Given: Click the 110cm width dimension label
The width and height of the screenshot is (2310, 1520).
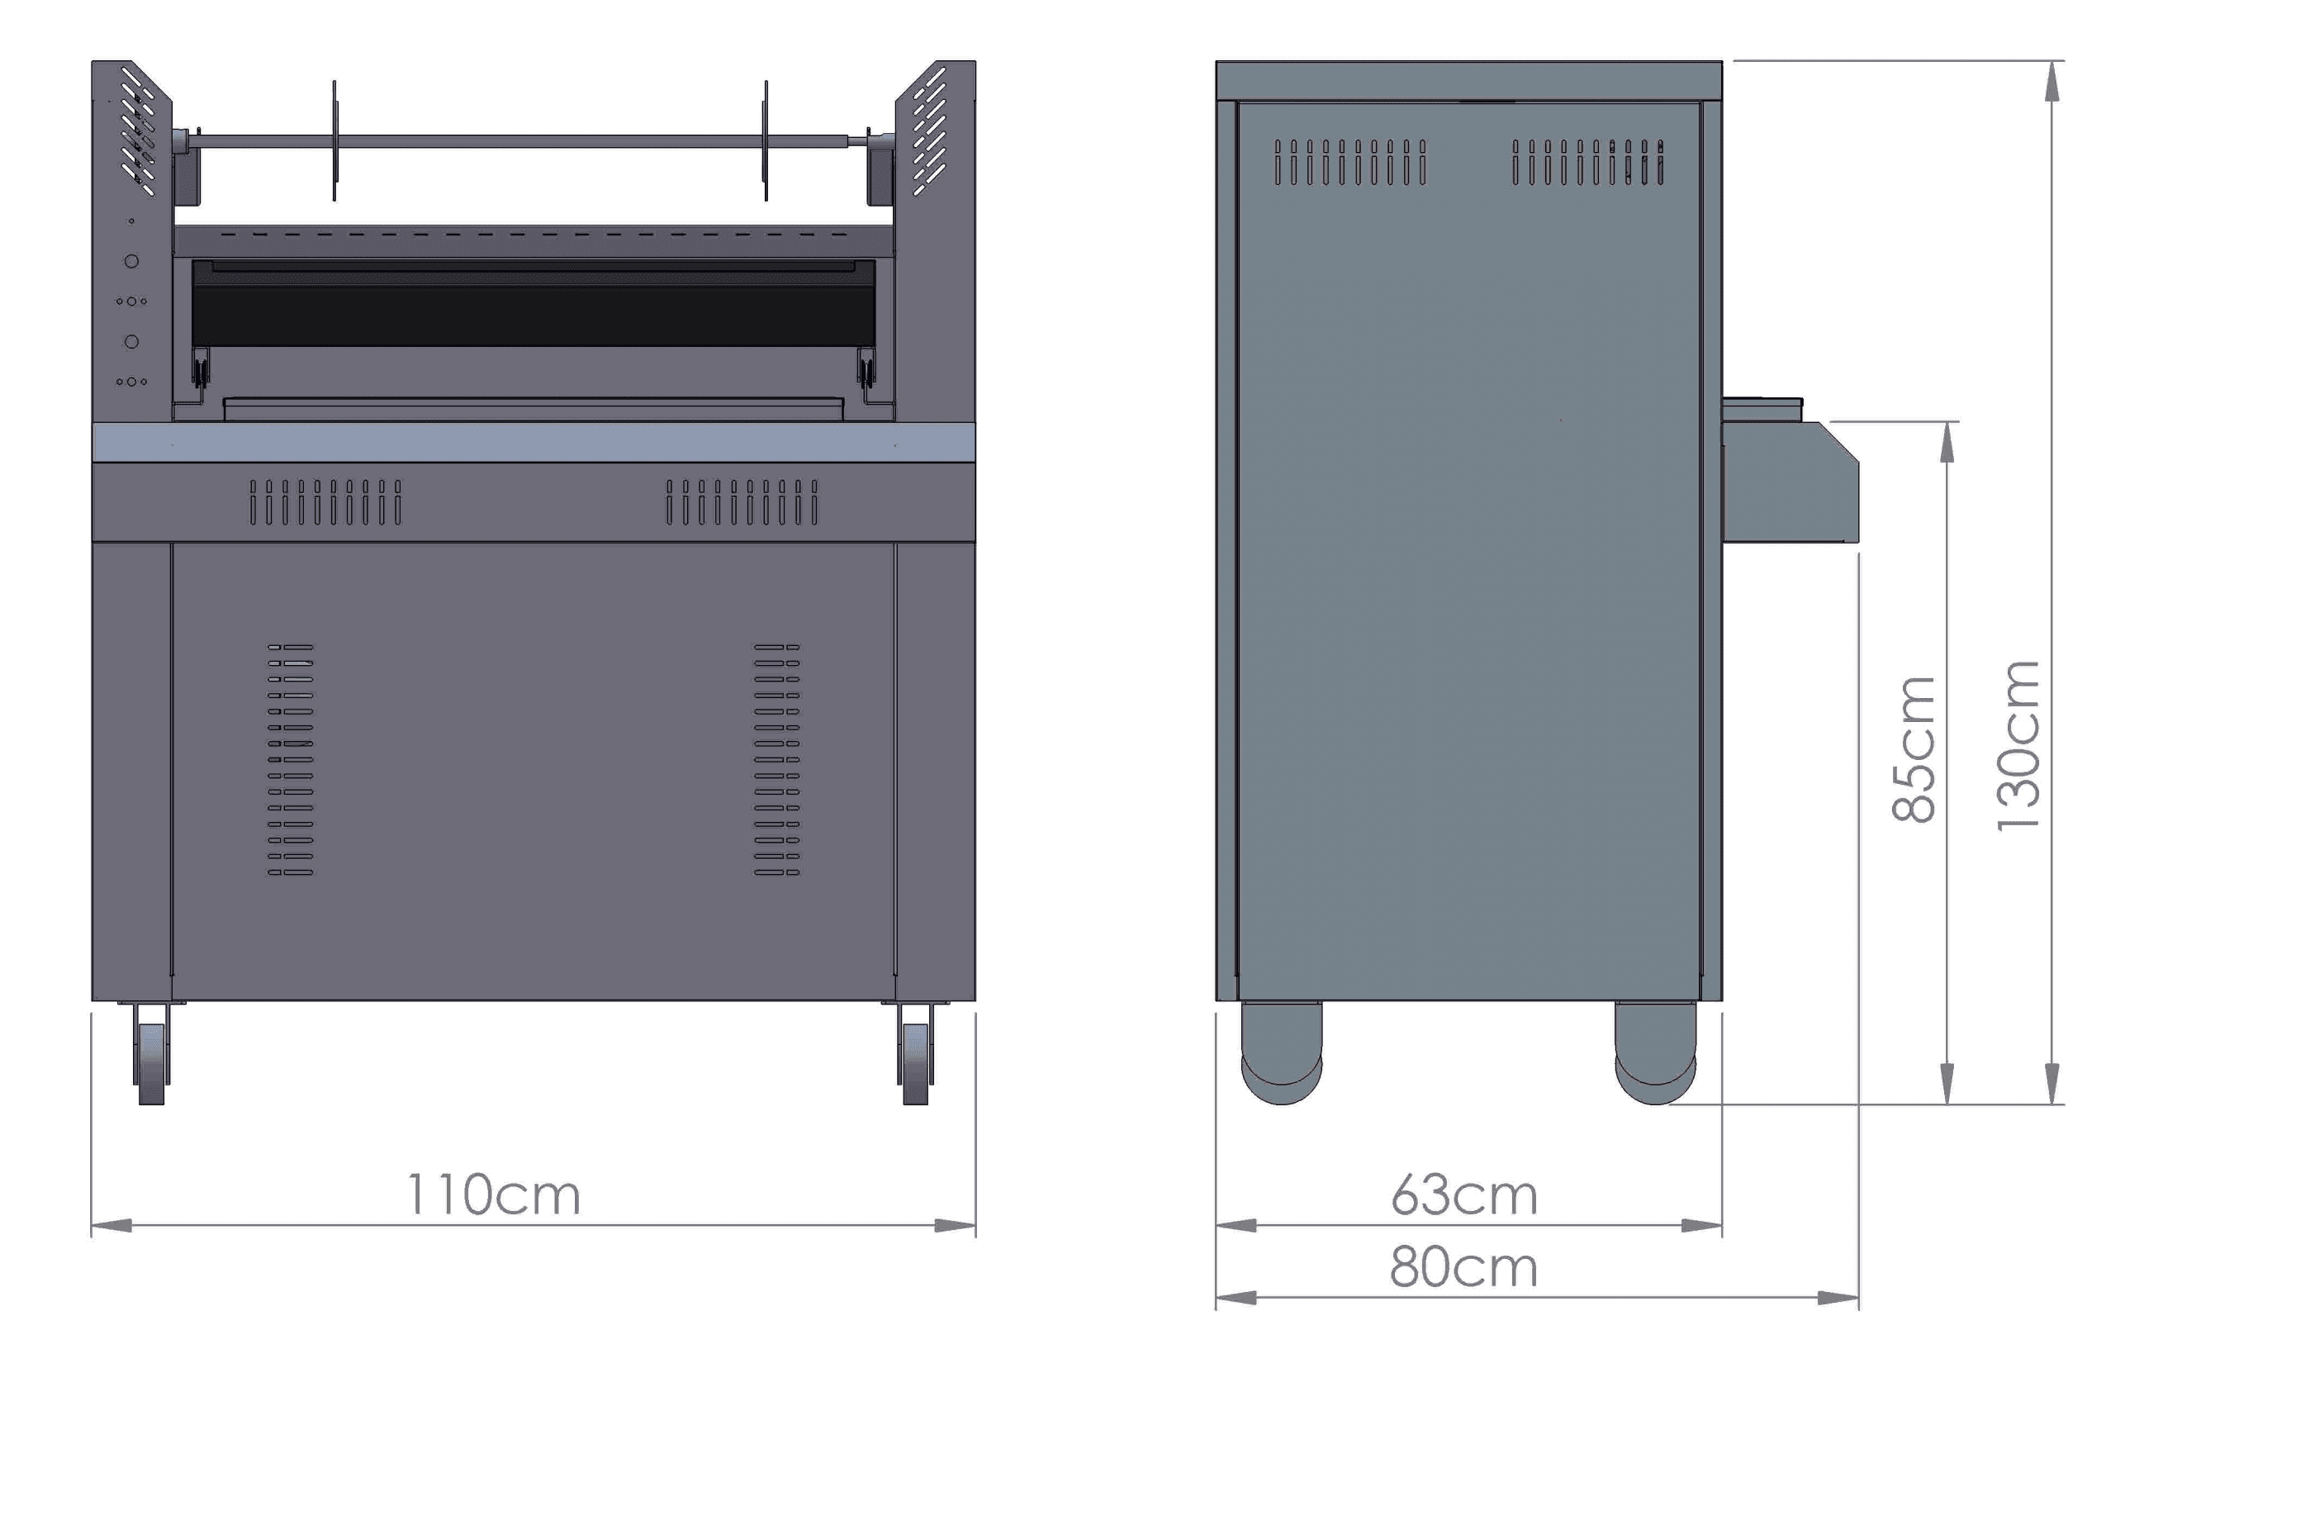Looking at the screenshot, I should point(493,1195).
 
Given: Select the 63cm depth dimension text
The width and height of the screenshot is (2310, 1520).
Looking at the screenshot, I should point(1463,1195).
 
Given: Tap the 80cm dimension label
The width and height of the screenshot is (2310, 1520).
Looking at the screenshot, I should point(1463,1268).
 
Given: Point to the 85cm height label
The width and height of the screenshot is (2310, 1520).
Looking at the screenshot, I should point(1914,749).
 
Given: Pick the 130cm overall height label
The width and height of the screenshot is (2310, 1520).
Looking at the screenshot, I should point(2018,745).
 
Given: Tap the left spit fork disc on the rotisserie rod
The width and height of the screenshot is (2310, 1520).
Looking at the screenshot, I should point(334,142).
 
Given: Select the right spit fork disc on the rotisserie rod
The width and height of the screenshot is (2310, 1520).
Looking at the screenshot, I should point(766,142).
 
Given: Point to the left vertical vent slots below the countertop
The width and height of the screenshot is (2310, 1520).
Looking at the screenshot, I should point(325,501).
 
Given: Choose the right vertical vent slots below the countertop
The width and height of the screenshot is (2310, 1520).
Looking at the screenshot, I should point(742,501).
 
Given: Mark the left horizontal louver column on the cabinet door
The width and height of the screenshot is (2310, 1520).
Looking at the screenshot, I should point(290,759).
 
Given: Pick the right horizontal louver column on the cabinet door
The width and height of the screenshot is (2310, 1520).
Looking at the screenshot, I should point(776,759).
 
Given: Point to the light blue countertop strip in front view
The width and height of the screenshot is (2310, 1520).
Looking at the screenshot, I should point(533,443).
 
